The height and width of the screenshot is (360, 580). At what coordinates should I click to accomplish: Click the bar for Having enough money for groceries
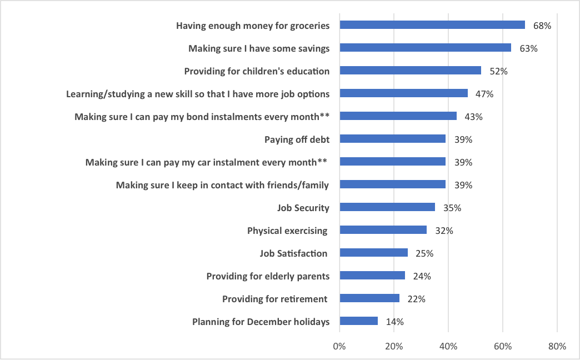pos(432,25)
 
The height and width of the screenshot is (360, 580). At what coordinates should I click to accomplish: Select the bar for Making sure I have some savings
pos(425,48)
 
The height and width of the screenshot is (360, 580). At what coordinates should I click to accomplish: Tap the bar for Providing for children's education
pos(410,71)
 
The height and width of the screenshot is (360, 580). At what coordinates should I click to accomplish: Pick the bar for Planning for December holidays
pos(358,321)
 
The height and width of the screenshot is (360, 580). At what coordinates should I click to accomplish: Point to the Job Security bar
pos(387,207)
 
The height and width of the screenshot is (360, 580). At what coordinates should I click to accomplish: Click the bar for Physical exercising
pos(383,230)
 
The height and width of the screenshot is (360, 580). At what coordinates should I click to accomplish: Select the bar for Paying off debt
pos(392,139)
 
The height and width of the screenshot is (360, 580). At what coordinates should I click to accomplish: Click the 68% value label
pos(542,26)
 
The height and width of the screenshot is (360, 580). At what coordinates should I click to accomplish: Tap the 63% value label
pos(528,48)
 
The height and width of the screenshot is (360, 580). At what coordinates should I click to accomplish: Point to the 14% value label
pos(395,322)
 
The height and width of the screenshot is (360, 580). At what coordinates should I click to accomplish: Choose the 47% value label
pos(484,94)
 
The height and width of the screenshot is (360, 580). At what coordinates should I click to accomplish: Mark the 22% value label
pos(417,299)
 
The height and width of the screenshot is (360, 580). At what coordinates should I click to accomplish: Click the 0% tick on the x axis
pos(339,346)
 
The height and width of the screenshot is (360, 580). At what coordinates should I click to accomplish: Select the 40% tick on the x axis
pos(448,346)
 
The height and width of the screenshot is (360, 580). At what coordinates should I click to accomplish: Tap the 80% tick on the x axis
pos(557,346)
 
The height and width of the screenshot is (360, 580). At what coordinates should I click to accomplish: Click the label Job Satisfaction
pos(293,253)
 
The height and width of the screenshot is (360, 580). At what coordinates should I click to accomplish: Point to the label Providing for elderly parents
pos(268,276)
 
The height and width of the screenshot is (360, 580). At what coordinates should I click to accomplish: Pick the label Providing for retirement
pos(274,299)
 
